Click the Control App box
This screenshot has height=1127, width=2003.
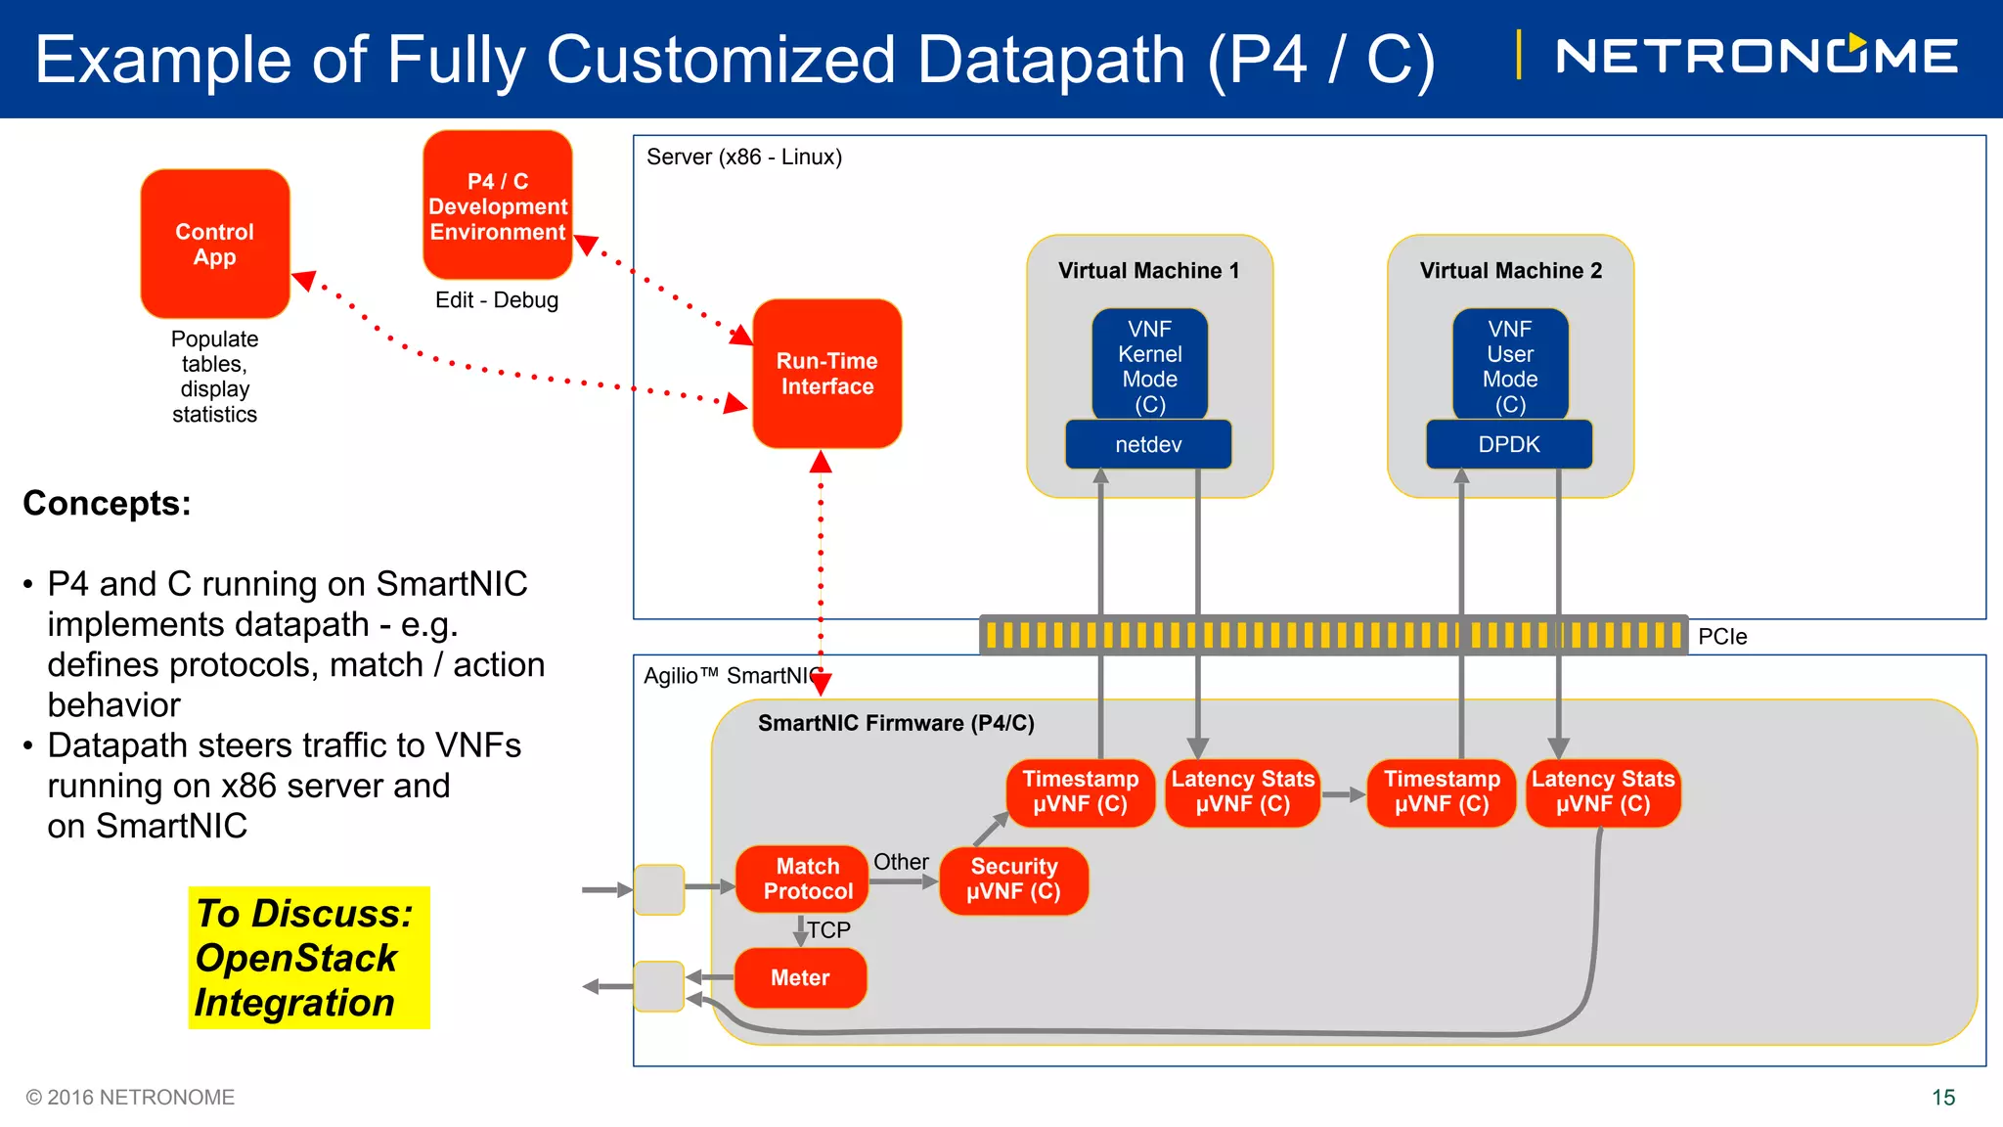click(x=215, y=245)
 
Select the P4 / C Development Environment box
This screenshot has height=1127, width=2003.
click(x=498, y=206)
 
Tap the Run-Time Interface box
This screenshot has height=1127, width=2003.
click(x=827, y=374)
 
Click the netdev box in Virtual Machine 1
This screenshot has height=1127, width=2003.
click(x=1148, y=445)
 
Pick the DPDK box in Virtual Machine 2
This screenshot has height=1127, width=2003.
click(x=1509, y=445)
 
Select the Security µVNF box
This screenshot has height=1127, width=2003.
click(x=1014, y=879)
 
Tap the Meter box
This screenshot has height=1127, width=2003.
click(x=800, y=978)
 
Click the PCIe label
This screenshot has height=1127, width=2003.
click(x=1722, y=637)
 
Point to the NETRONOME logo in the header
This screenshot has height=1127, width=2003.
click(x=1756, y=56)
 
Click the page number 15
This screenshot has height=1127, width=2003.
click(x=1943, y=1098)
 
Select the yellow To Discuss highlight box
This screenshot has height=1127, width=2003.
click(x=308, y=958)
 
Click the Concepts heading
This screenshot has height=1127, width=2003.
click(x=108, y=504)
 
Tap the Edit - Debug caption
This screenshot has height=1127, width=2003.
click(x=497, y=300)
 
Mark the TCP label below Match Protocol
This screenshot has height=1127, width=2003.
click(x=828, y=930)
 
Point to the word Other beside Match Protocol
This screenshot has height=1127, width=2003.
click(x=901, y=862)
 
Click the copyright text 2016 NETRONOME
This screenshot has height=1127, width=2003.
click(x=131, y=1098)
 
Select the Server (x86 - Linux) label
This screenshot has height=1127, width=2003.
click(x=744, y=158)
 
